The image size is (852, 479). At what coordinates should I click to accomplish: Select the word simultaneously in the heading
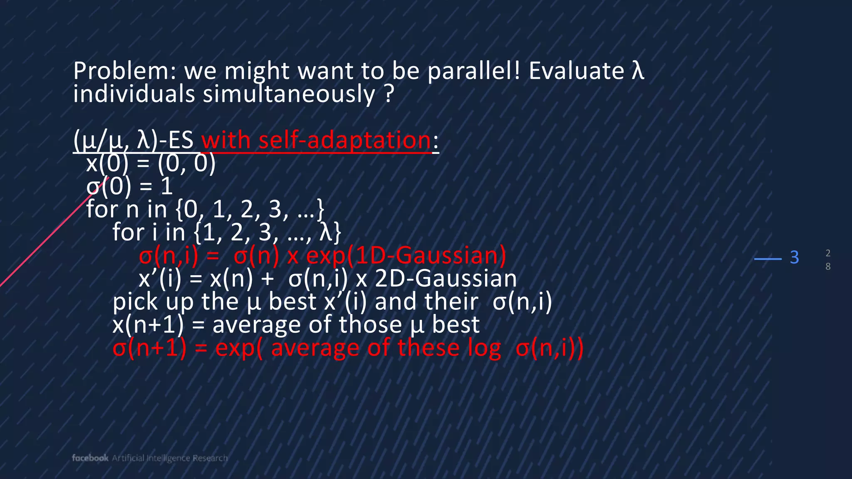[289, 94]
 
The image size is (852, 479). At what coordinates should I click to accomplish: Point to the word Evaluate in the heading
[576, 71]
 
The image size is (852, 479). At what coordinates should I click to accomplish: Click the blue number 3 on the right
[794, 258]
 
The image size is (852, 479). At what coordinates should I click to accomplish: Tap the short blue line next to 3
[768, 259]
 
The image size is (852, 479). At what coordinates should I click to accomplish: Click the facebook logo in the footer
[90, 458]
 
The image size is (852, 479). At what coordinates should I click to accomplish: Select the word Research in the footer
[210, 458]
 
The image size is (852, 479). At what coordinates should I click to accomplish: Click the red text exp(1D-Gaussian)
[406, 255]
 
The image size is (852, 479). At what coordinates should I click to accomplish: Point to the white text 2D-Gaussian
[446, 279]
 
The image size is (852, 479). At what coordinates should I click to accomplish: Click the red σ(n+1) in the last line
[149, 348]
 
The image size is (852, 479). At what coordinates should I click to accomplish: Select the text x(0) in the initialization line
[107, 163]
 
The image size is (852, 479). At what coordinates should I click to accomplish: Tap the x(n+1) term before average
[148, 325]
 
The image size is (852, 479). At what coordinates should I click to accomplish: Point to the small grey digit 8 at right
[828, 267]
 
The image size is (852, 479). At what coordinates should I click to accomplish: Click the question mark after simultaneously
[389, 94]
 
